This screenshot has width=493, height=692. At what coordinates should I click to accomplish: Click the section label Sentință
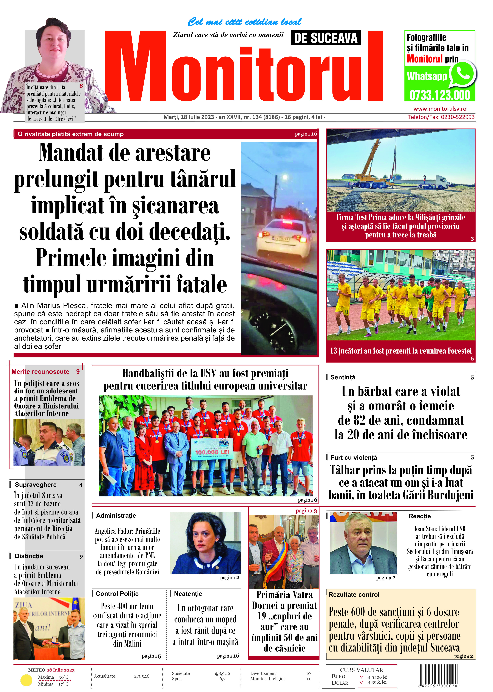click(342, 377)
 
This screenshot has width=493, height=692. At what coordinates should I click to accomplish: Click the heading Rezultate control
click(354, 594)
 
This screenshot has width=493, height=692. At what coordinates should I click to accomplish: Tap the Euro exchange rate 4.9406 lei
click(377, 677)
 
